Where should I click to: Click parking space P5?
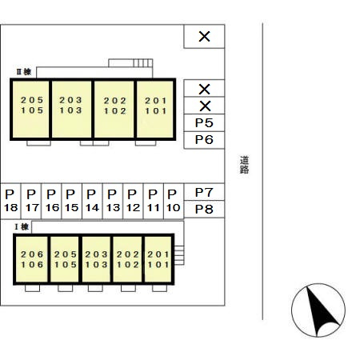(204, 122)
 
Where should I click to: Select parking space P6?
(204, 140)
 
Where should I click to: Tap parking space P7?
(204, 192)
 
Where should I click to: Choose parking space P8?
(204, 209)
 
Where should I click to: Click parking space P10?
(174, 201)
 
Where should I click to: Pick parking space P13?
(113, 201)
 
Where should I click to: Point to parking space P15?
(71, 201)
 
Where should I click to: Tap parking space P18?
(10, 201)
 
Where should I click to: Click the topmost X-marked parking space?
(204, 37)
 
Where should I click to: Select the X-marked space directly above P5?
(204, 106)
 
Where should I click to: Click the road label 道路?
(244, 165)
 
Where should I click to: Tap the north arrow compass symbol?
(318, 310)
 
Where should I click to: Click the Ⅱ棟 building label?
(24, 72)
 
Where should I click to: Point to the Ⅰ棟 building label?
(22, 227)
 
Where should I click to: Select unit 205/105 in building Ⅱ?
(31, 110)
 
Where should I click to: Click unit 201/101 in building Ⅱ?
(155, 110)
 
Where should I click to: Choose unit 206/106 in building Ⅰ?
(31, 259)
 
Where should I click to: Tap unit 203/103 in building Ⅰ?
(96, 259)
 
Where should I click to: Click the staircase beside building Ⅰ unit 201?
(179, 255)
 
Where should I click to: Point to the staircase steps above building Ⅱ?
(143, 63)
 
